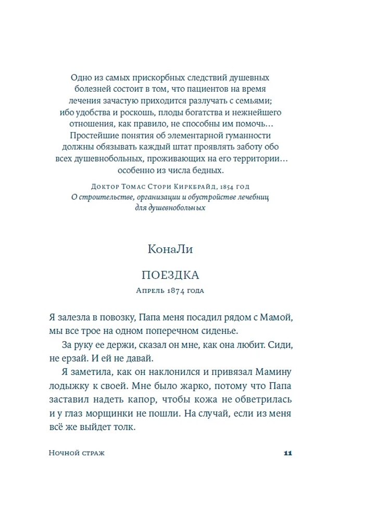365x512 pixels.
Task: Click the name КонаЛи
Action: point(170,249)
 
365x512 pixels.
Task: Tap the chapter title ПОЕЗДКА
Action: point(171,276)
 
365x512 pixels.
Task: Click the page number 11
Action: point(287,453)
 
